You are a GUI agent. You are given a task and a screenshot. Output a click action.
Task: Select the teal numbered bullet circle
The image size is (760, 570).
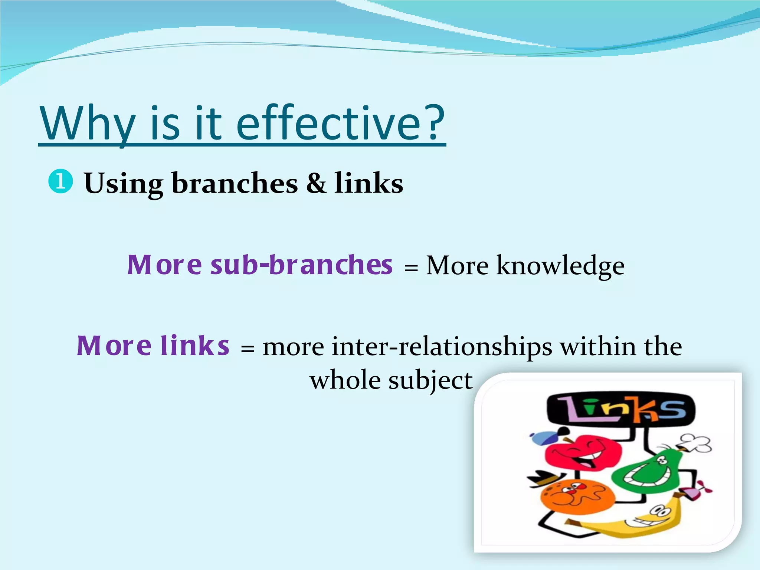(x=60, y=182)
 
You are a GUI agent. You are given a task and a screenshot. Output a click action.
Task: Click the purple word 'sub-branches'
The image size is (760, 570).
(x=301, y=265)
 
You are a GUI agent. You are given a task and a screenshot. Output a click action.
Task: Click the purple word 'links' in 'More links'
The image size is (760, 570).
(x=195, y=345)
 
